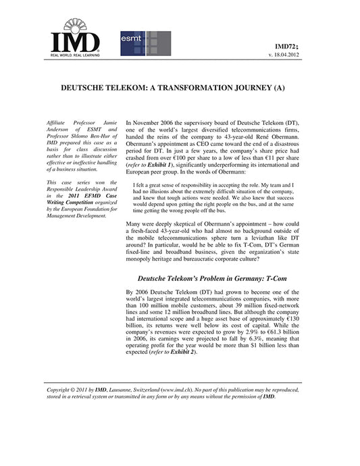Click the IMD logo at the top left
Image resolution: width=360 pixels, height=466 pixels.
(x=74, y=36)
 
